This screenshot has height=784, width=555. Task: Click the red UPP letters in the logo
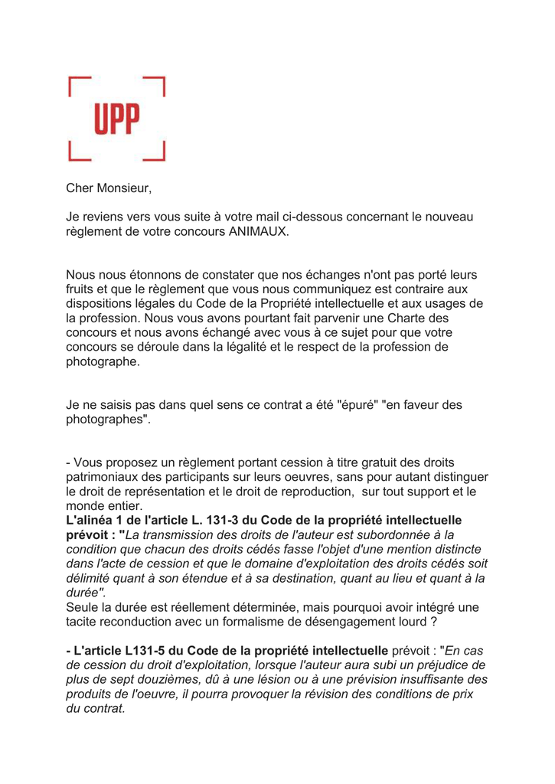117,119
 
